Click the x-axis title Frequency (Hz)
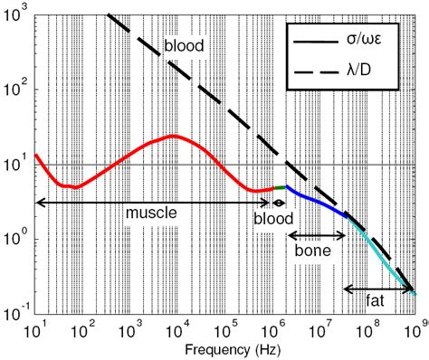point(225,349)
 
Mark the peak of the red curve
point(173,137)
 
